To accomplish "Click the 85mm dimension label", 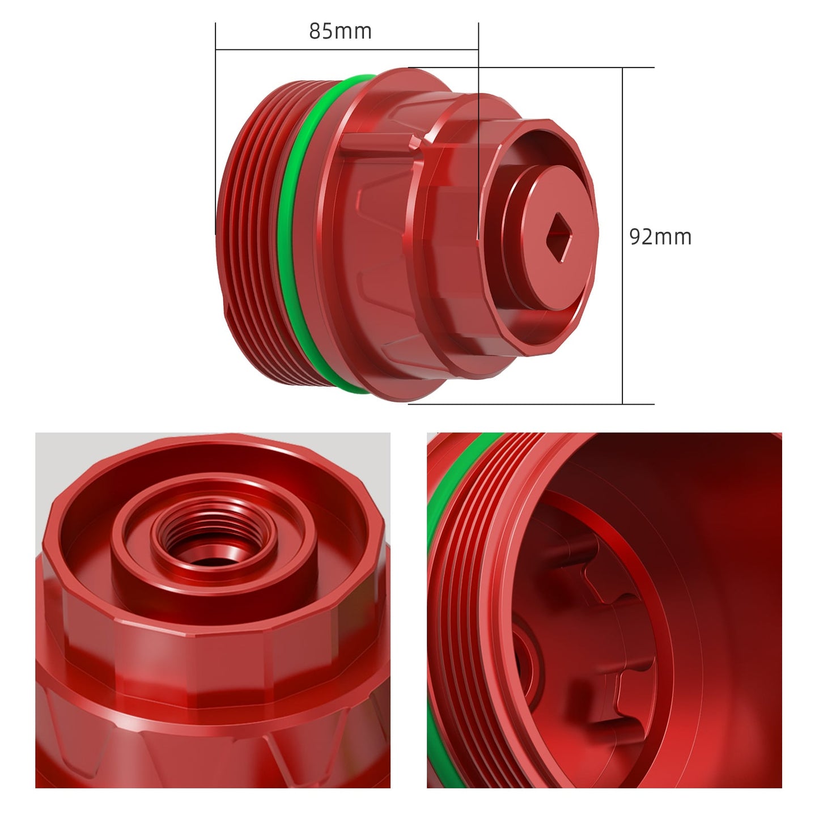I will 340,31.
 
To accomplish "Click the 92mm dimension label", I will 660,236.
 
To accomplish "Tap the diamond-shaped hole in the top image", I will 558,237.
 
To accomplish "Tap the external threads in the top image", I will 249,238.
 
